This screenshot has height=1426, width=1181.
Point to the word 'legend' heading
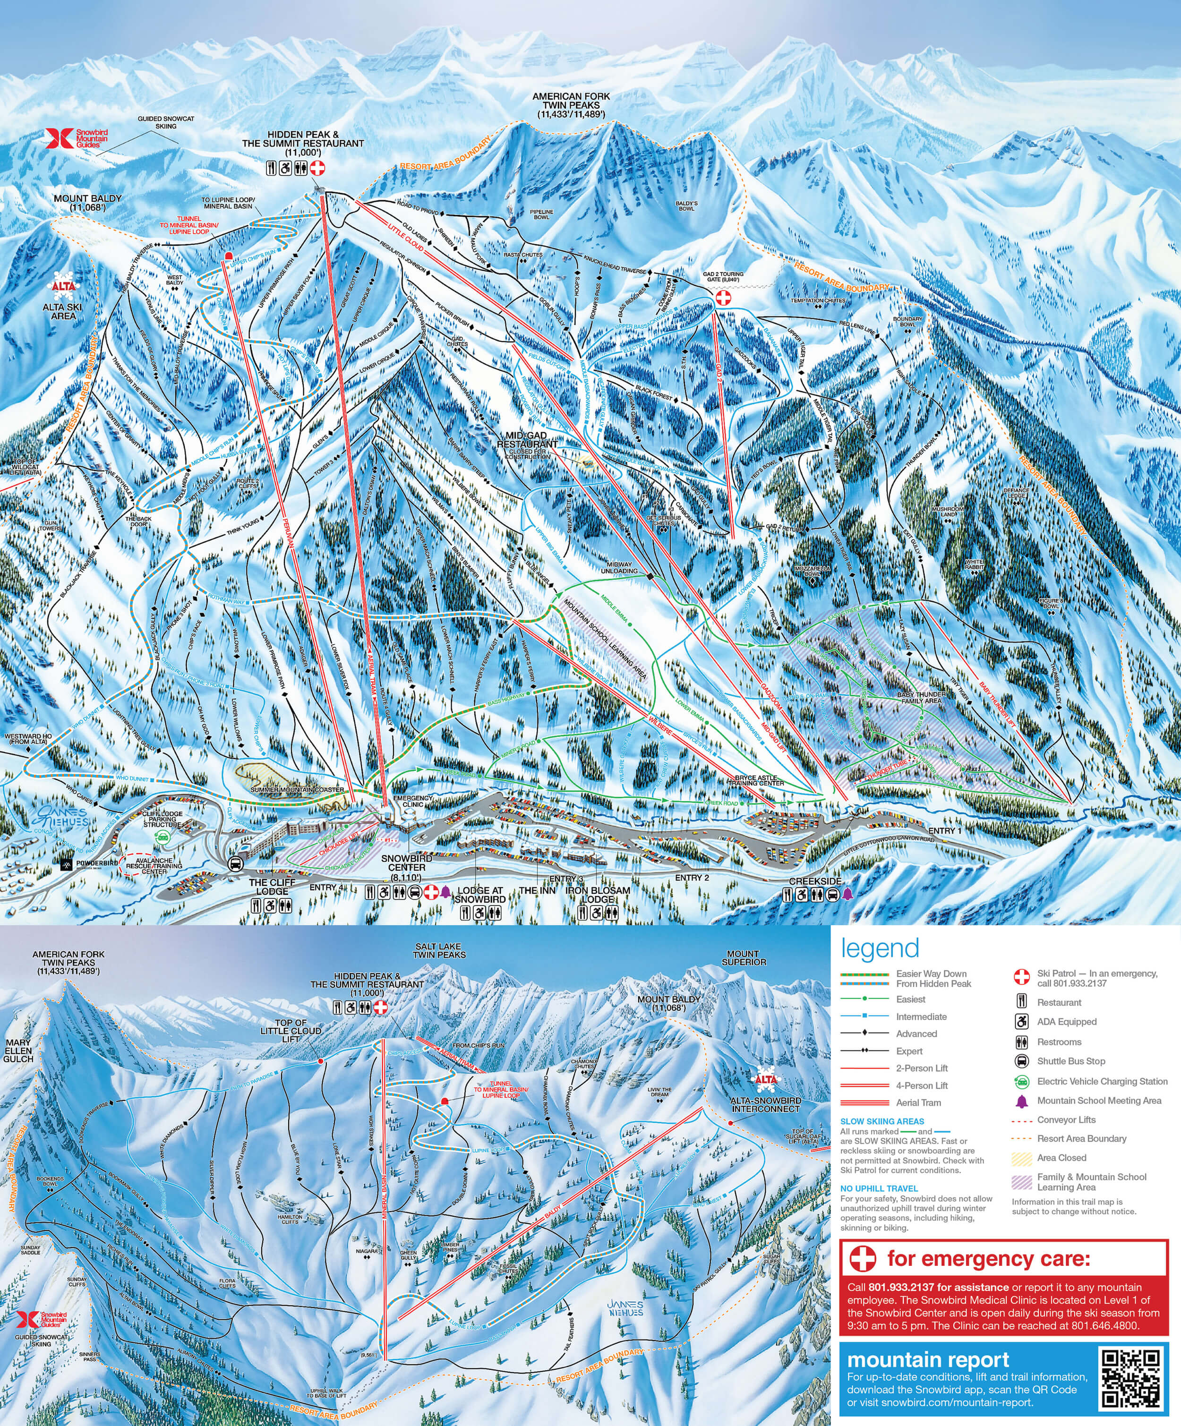tap(880, 948)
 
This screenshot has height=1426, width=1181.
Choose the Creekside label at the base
tap(815, 881)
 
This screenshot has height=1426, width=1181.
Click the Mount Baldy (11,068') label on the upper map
tap(87, 202)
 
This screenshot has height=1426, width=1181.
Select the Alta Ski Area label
tap(62, 311)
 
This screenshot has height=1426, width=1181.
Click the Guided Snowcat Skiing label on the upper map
tap(166, 122)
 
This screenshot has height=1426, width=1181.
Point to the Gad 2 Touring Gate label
tap(723, 276)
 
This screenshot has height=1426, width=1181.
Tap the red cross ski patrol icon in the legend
tap(1021, 977)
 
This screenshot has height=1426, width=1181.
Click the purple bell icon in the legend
tap(1021, 1101)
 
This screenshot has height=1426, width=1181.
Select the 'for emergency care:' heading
tap(988, 1258)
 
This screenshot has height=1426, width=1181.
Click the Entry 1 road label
tap(945, 830)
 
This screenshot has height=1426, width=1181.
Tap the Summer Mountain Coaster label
tap(297, 790)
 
